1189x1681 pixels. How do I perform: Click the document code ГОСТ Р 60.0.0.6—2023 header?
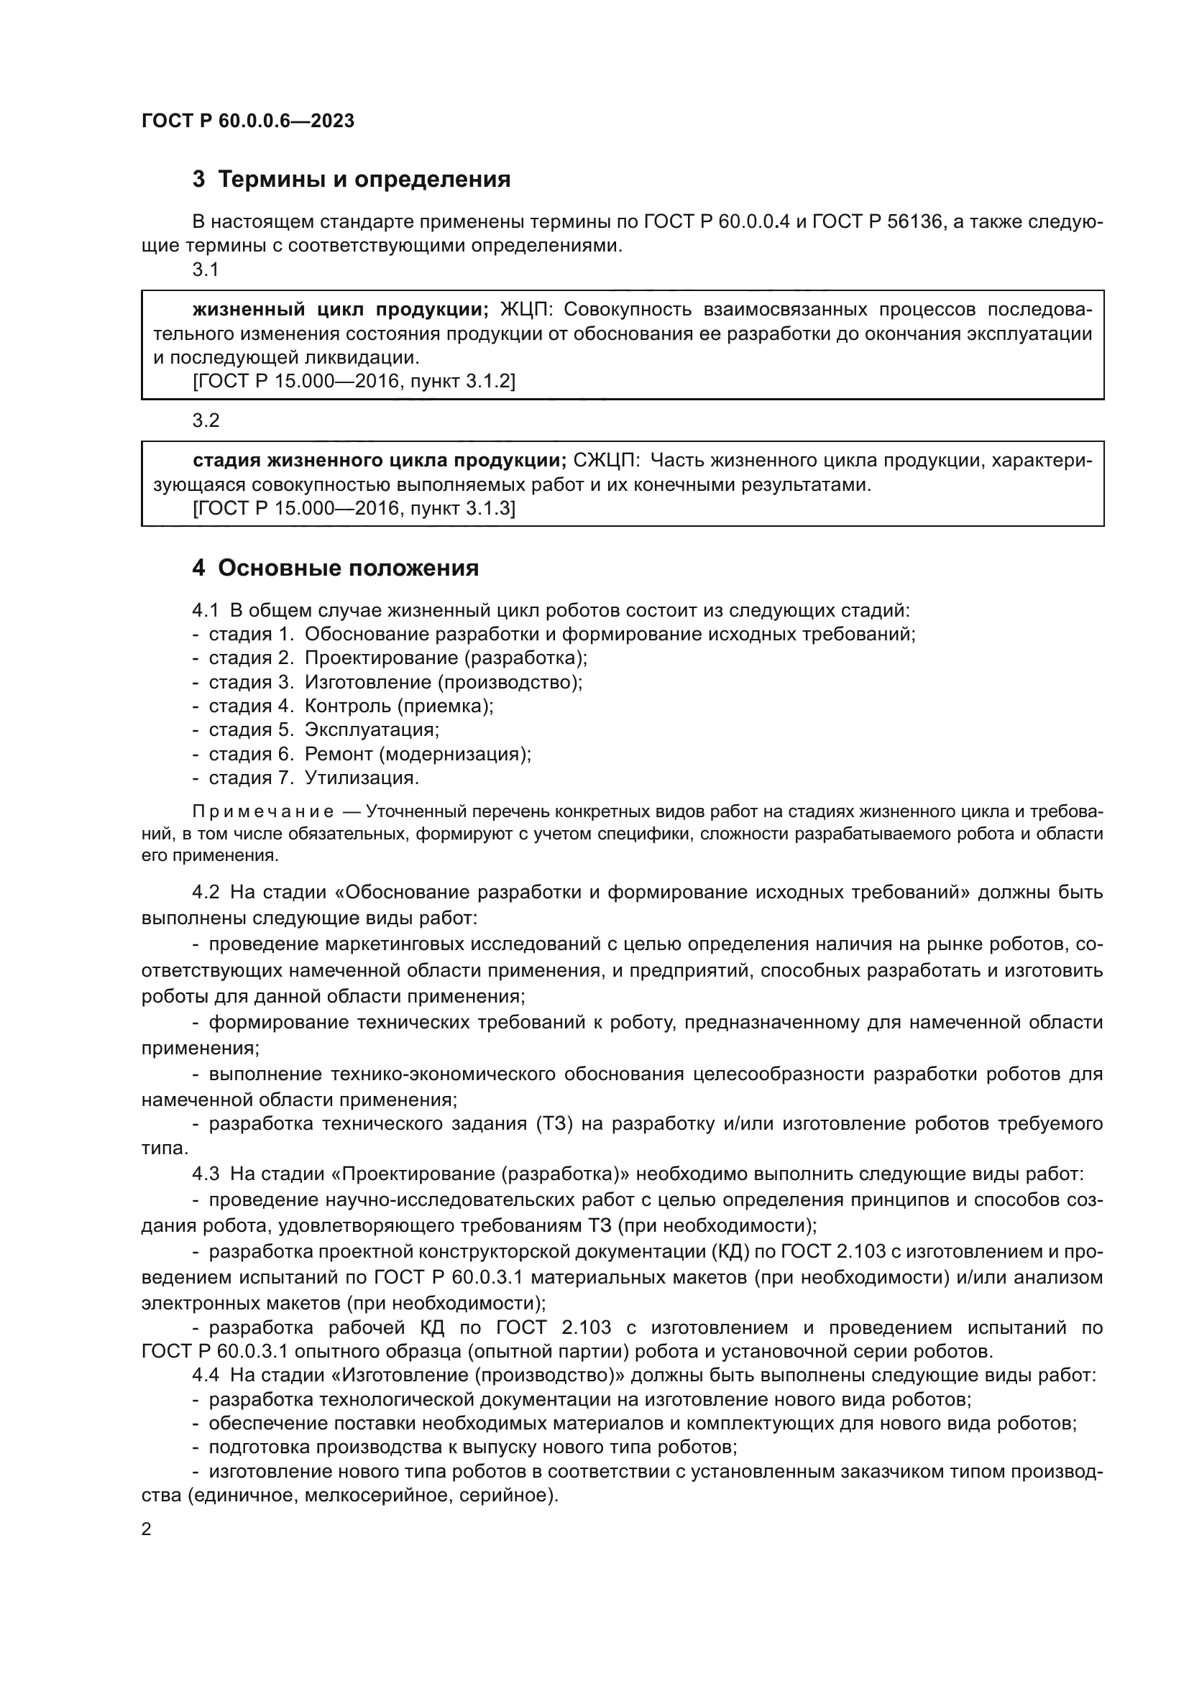tap(247, 121)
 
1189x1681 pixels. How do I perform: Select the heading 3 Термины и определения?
tap(352, 180)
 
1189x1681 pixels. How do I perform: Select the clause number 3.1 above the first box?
tap(206, 270)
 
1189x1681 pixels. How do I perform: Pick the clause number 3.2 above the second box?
tap(206, 420)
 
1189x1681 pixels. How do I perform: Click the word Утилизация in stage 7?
tap(362, 778)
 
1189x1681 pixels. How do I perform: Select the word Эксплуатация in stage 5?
tap(372, 730)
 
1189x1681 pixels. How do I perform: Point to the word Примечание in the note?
tap(264, 812)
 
